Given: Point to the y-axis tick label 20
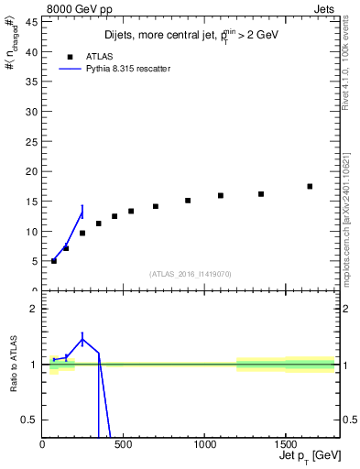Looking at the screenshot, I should pyautogui.click(x=30, y=171).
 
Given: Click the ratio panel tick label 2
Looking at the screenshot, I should pyautogui.click(x=33, y=309).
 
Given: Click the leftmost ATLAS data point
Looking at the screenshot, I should pyautogui.click(x=54, y=261).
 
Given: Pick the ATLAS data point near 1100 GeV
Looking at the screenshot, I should pyautogui.click(x=221, y=195).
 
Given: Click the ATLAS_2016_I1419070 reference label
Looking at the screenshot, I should pyautogui.click(x=191, y=274).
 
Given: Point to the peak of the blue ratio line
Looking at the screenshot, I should pyautogui.click(x=82, y=340).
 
